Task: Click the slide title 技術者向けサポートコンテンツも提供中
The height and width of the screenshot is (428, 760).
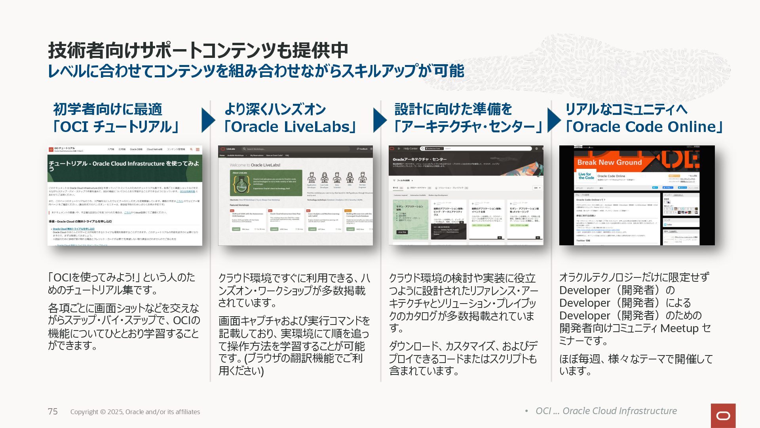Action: (x=198, y=51)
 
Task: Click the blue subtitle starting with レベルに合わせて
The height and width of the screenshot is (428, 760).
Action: (x=256, y=71)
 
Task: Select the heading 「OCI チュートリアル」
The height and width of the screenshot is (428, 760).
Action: (x=116, y=127)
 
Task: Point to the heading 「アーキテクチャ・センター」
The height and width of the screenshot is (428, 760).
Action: (x=467, y=127)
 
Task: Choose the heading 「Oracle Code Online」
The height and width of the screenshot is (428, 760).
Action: (x=644, y=127)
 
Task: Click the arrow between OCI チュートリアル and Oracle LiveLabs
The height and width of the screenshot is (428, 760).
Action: (x=208, y=120)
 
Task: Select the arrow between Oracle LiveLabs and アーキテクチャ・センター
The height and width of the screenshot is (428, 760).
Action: (x=379, y=120)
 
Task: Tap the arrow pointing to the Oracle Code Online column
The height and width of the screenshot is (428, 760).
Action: (x=553, y=120)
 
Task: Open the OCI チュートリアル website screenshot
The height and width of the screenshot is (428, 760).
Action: (x=125, y=195)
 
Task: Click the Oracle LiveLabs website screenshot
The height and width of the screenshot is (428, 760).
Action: (x=295, y=195)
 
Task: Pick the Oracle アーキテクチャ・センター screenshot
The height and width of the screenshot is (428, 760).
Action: (x=466, y=195)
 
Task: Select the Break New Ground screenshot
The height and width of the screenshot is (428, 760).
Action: (x=637, y=195)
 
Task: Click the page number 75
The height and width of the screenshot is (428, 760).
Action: (x=53, y=412)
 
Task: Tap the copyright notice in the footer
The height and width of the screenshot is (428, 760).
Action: (x=135, y=412)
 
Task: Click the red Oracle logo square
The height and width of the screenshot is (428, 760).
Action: (x=723, y=416)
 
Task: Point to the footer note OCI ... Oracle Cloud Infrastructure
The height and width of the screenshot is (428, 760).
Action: (x=606, y=411)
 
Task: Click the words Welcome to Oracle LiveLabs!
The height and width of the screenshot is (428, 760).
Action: (x=255, y=165)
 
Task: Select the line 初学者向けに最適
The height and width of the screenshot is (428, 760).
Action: (x=108, y=109)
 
